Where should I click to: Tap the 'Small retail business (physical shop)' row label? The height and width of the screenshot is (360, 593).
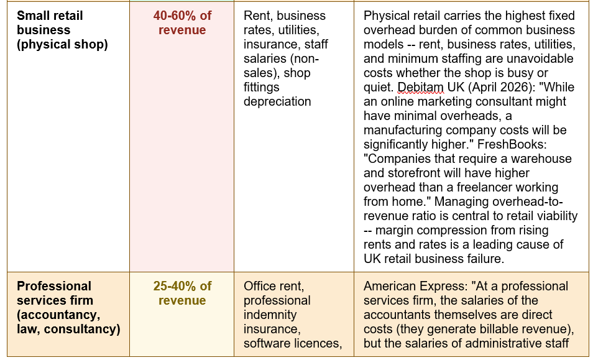pos(62,30)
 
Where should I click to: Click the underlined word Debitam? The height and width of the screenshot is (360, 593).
pos(421,87)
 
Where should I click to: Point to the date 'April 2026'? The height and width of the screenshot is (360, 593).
pos(499,87)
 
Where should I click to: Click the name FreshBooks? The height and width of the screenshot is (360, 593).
pos(512,144)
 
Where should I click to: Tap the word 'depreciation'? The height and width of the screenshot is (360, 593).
pos(277,102)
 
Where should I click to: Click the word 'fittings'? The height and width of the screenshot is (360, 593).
pos(261,87)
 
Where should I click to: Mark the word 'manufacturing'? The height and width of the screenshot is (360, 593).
pos(403,131)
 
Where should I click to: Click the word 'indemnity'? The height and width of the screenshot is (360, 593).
pos(270,315)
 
